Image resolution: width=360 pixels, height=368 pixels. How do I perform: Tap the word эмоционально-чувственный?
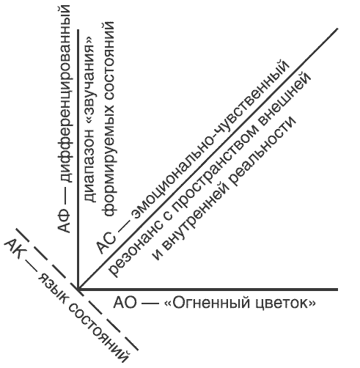[210, 138]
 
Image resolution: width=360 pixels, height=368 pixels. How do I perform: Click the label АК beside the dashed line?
[15, 250]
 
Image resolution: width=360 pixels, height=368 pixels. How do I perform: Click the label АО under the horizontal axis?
[125, 303]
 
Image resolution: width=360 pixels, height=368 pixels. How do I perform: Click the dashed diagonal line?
[77, 290]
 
